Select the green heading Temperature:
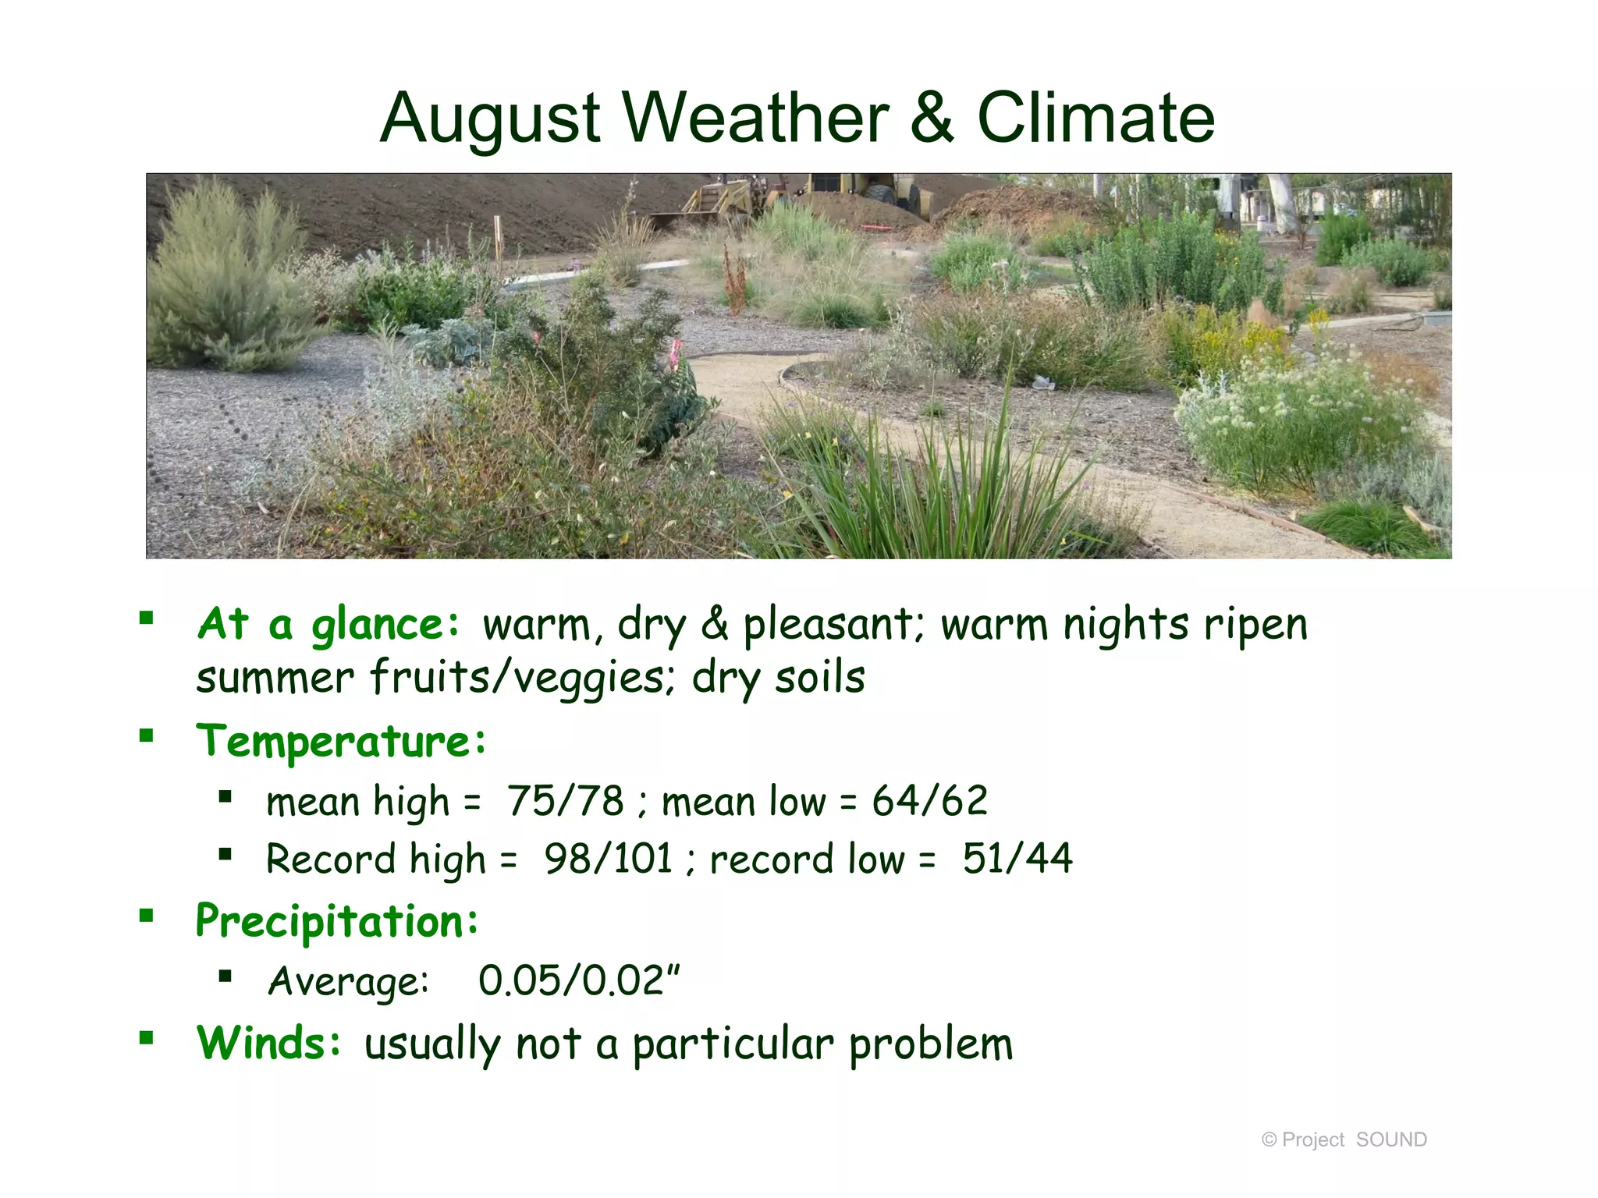click(341, 741)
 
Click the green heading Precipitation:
click(336, 921)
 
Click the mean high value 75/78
click(566, 801)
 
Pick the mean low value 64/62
click(929, 801)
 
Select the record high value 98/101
click(609, 860)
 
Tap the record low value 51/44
click(1017, 860)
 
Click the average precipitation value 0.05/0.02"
click(579, 981)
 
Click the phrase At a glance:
click(328, 625)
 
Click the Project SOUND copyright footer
click(1344, 1140)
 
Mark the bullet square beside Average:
click(225, 976)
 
